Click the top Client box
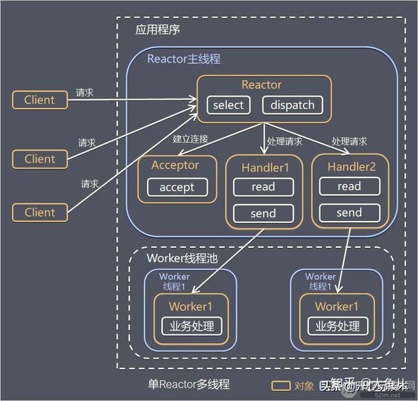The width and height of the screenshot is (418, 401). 40,100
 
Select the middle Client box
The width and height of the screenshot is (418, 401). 40,158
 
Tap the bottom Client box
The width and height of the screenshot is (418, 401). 40,212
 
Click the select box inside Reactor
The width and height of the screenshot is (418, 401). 228,105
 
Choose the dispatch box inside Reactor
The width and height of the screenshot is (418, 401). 292,105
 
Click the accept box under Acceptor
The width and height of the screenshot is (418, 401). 177,187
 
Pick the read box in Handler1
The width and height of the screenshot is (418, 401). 263,186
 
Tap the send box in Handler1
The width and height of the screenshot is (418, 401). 263,213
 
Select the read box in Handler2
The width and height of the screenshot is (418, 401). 349,186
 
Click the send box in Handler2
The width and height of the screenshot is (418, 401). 349,213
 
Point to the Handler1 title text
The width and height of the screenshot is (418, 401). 264,166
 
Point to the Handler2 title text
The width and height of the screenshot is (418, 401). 351,166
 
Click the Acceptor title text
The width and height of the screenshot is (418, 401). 175,165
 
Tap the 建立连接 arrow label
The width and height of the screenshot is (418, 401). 190,140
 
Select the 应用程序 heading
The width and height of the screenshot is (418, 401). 158,30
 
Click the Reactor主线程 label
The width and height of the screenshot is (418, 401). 184,59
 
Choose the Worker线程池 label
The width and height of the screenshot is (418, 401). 182,258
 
